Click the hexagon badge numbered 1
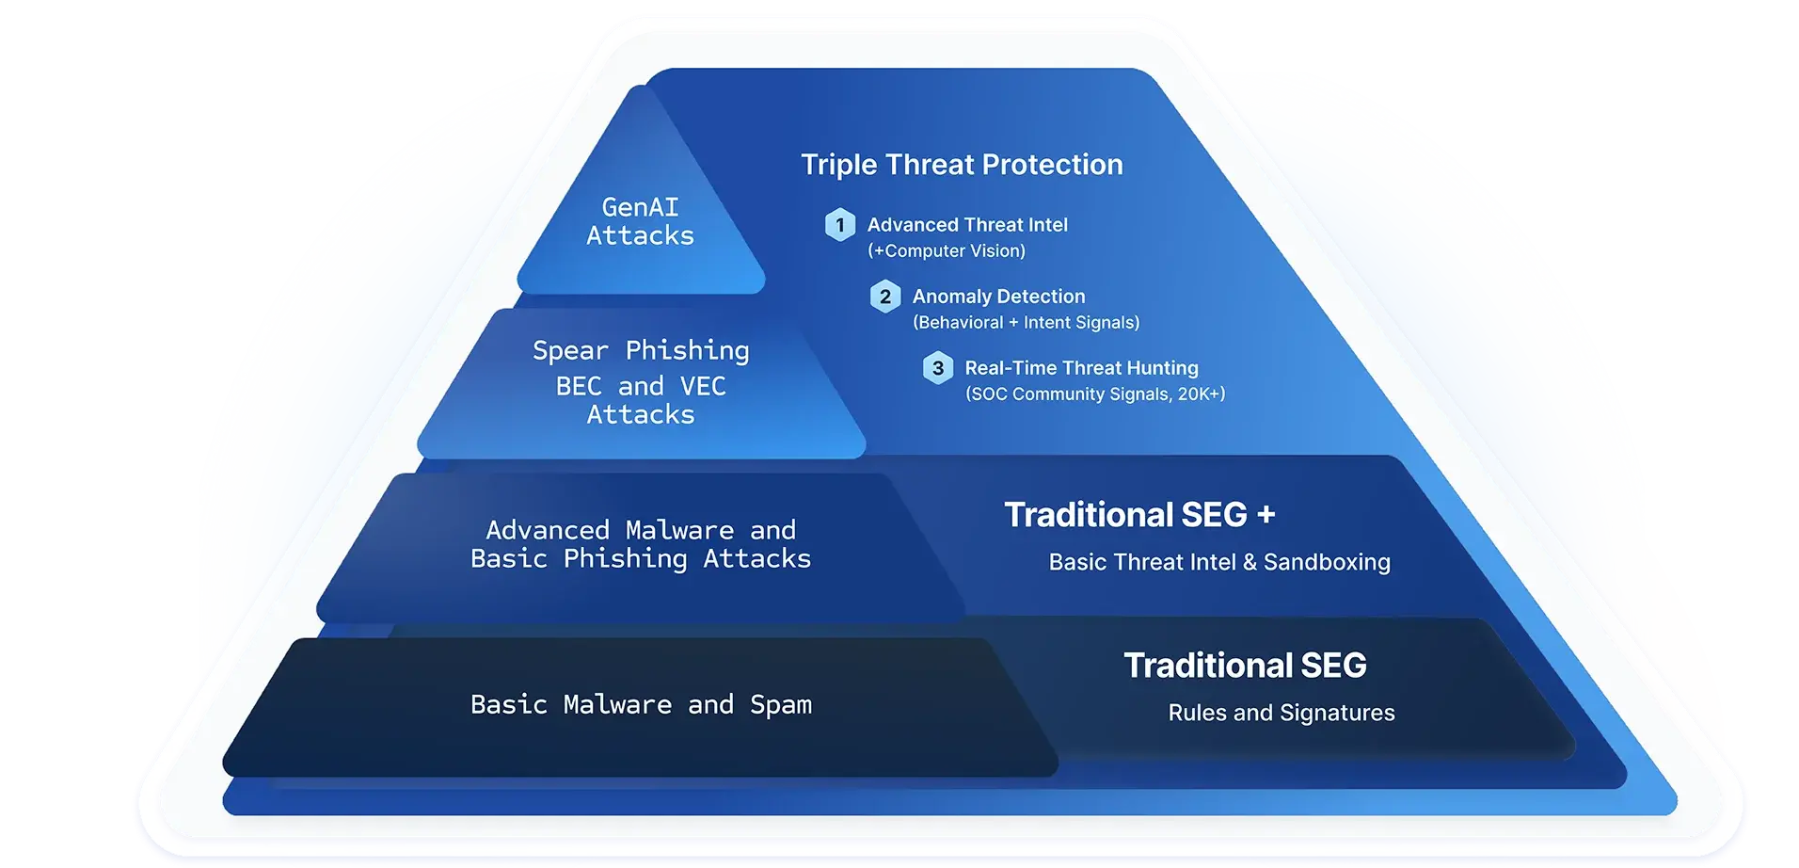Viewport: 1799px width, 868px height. pyautogui.click(x=840, y=225)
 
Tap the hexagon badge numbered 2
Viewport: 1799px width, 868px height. pyautogui.click(x=885, y=297)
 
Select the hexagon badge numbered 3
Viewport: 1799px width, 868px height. pyautogui.click(x=938, y=368)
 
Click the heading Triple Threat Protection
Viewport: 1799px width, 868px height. pyautogui.click(x=962, y=165)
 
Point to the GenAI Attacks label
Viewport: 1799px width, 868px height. pyautogui.click(x=641, y=221)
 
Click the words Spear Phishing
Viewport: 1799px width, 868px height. pyautogui.click(x=641, y=351)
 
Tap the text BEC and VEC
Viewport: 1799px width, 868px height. pyautogui.click(x=641, y=386)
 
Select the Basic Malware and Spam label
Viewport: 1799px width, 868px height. pyautogui.click(x=641, y=705)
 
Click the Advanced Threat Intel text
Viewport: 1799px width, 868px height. pyautogui.click(x=967, y=225)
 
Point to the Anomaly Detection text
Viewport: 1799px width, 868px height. pyautogui.click(x=998, y=297)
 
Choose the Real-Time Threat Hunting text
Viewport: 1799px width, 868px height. pyautogui.click(x=1081, y=368)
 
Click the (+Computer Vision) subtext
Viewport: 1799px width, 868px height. pyautogui.click(x=947, y=251)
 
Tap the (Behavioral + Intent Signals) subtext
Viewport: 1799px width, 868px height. pyautogui.click(x=1026, y=323)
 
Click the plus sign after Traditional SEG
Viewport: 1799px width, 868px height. pyautogui.click(x=1266, y=515)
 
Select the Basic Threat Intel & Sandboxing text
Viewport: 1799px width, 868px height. pyautogui.click(x=1219, y=562)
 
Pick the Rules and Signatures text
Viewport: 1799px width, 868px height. pyautogui.click(x=1282, y=713)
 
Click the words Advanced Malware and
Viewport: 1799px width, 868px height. pyautogui.click(x=641, y=530)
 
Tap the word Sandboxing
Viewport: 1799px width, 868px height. pyautogui.click(x=1327, y=563)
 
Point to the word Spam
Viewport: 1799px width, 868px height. pyautogui.click(x=781, y=705)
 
